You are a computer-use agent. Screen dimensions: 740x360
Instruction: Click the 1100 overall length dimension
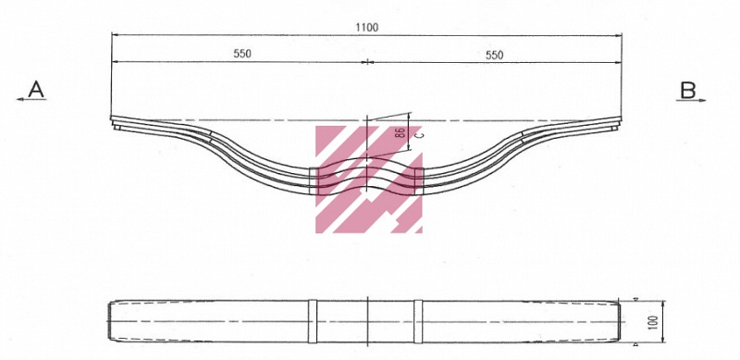pyautogui.click(x=366, y=28)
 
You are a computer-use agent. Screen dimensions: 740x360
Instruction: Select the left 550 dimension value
pyautogui.click(x=242, y=54)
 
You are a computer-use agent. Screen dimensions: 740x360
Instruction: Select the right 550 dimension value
pyautogui.click(x=495, y=55)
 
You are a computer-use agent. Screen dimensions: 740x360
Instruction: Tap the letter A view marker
pyautogui.click(x=36, y=89)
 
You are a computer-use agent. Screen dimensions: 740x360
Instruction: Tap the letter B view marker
pyautogui.click(x=687, y=90)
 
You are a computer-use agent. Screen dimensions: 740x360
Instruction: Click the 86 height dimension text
pyautogui.click(x=401, y=132)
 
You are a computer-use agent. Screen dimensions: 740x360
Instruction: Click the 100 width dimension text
pyautogui.click(x=653, y=321)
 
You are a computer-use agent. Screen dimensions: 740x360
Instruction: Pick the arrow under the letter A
pyautogui.click(x=31, y=99)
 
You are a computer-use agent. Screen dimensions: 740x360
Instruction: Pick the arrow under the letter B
pyautogui.click(x=691, y=100)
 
